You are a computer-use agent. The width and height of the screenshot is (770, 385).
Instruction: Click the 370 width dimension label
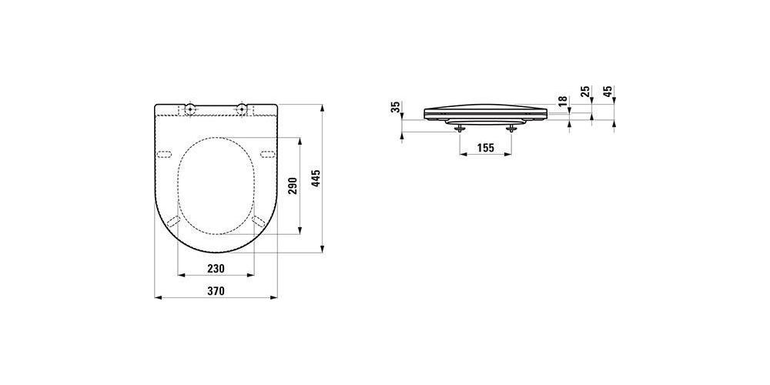pos(216,291)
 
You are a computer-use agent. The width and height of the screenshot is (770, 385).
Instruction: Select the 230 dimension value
pos(216,268)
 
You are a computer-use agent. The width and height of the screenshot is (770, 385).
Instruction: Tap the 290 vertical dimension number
pos(293,186)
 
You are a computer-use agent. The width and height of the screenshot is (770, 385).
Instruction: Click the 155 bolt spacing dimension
pos(485,147)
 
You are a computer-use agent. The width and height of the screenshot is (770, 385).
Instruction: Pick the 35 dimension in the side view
pos(396,107)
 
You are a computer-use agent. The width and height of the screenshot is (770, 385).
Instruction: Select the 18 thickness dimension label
pos(563,101)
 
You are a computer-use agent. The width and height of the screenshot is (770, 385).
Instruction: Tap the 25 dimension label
pos(585,92)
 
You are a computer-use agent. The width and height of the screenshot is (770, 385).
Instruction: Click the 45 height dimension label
pos(608,92)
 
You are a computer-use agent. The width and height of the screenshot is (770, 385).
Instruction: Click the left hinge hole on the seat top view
pos(190,108)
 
